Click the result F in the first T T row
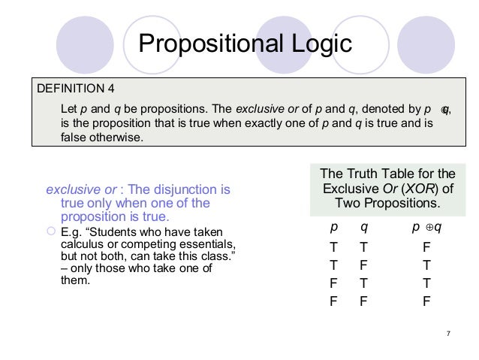tap(426, 247)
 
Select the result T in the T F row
tap(426, 265)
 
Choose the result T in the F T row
tap(426, 283)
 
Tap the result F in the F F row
tap(426, 301)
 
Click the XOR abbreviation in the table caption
tap(408, 188)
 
